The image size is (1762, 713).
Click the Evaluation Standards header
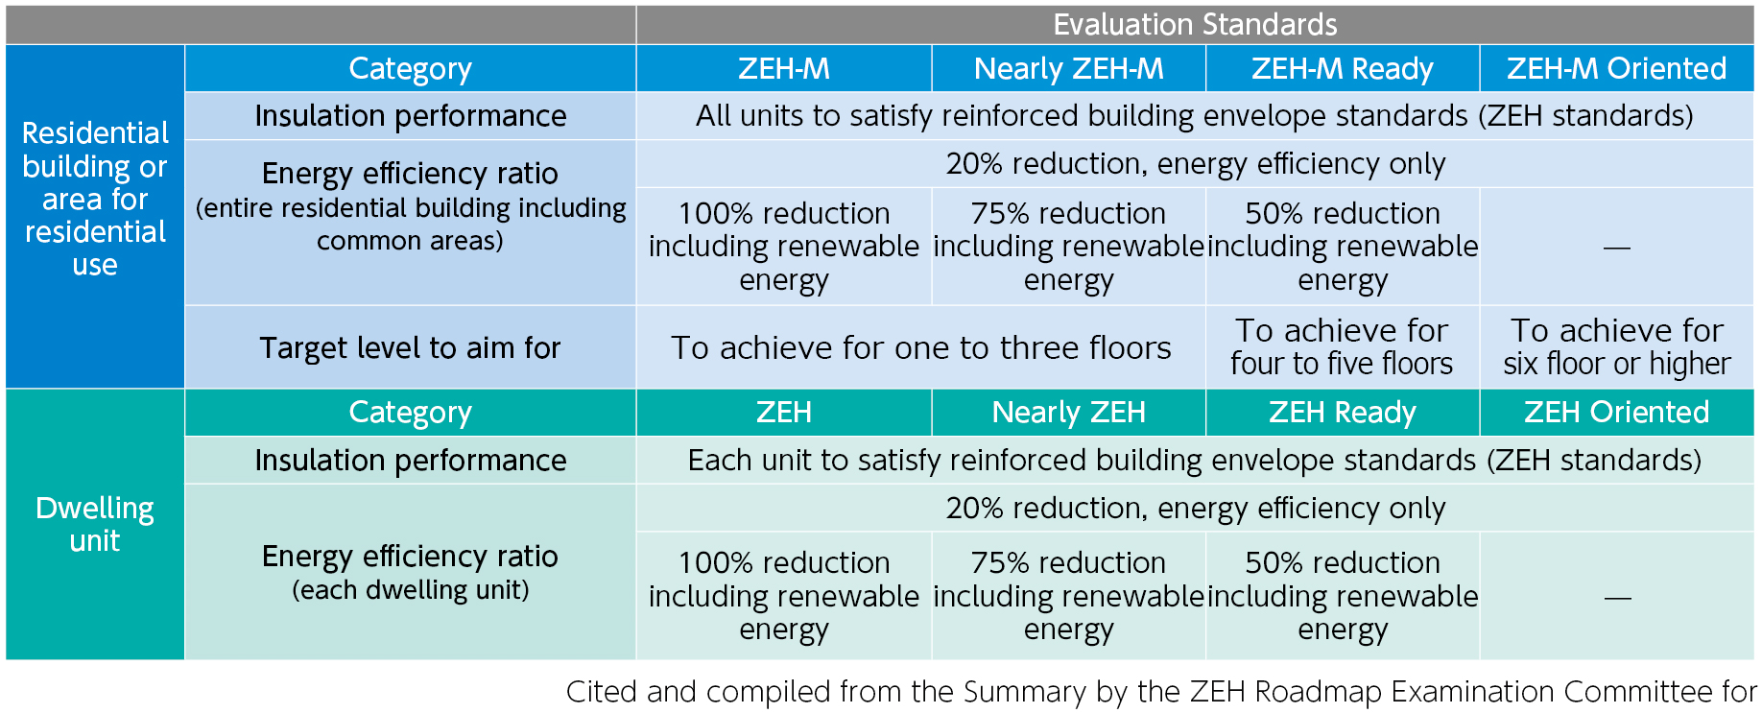click(x=1195, y=24)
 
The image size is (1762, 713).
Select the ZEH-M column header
click(x=783, y=68)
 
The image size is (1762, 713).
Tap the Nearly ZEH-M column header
click(x=1068, y=68)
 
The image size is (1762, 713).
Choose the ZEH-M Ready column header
click(x=1342, y=68)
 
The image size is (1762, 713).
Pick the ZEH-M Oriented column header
click(x=1616, y=68)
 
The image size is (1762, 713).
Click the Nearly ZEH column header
click(x=1068, y=412)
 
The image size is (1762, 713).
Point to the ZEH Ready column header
click(x=1342, y=412)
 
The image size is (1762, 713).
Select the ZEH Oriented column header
click(x=1616, y=412)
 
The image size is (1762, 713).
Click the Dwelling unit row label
click(x=95, y=524)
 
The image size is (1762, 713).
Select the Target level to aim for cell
click(x=410, y=347)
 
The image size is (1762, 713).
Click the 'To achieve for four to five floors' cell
click(x=1342, y=347)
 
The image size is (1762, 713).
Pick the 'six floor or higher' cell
click(x=1616, y=364)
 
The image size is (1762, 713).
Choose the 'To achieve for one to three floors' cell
click(x=920, y=347)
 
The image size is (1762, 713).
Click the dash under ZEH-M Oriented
click(x=1616, y=248)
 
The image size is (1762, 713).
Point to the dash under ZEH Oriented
click(x=1616, y=598)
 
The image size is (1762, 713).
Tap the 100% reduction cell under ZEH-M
click(x=783, y=247)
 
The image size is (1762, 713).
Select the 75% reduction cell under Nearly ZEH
click(x=1068, y=596)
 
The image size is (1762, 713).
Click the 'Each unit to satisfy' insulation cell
click(x=1195, y=461)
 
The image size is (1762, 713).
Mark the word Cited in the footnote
click(x=602, y=691)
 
